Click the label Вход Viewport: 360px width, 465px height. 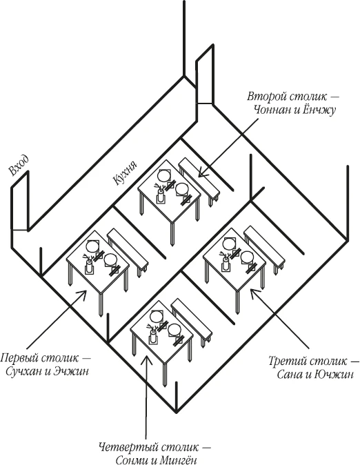(x=19, y=166)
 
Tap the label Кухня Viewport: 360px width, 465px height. (x=125, y=173)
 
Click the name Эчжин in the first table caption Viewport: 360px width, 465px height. (x=71, y=371)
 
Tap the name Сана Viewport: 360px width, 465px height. (x=290, y=375)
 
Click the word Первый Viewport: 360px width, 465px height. (x=19, y=357)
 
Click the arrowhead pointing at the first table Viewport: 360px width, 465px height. (x=83, y=294)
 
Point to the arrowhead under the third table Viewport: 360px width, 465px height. (x=254, y=294)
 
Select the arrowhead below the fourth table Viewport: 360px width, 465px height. (x=146, y=359)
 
